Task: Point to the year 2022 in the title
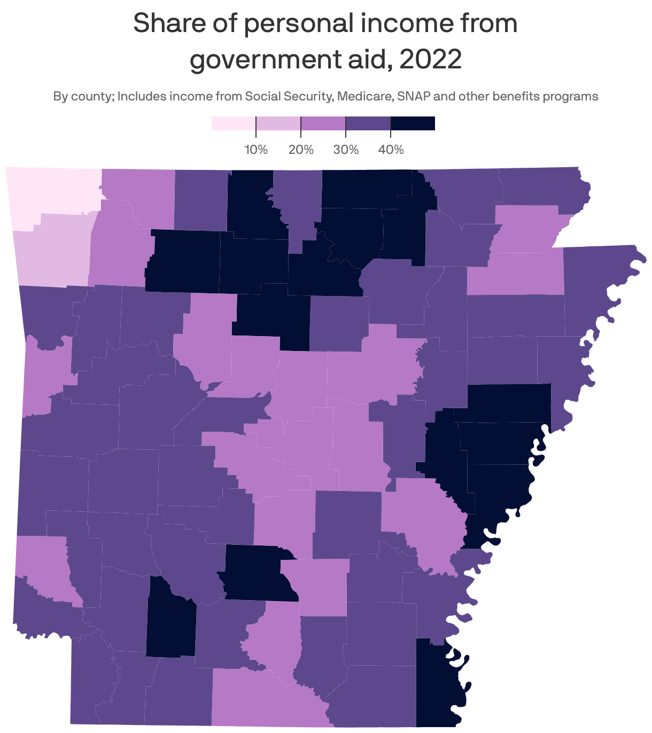[430, 59]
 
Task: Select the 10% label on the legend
[256, 150]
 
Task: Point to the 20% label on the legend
[301, 150]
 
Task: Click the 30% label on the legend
[346, 150]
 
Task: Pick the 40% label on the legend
[391, 150]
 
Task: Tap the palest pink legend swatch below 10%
[234, 123]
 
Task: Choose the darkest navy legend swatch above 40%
[413, 123]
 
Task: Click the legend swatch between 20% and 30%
[323, 123]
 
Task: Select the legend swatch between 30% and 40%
[368, 123]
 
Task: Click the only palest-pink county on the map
[51, 192]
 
